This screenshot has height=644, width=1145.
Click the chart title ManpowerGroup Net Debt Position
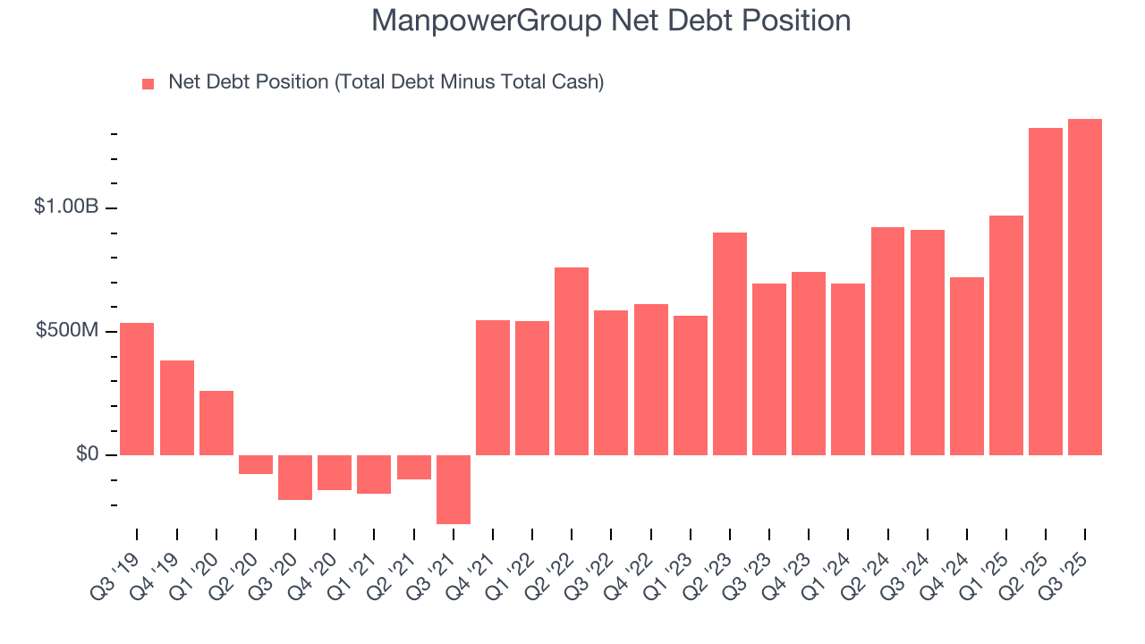point(611,21)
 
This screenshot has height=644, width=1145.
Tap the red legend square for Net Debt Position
point(148,83)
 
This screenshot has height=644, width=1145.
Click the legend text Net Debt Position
point(386,82)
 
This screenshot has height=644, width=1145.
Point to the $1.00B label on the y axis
point(65,207)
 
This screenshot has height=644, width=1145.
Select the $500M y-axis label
point(67,331)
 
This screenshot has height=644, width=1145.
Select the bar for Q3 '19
point(137,389)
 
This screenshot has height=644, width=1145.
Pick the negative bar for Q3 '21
point(454,489)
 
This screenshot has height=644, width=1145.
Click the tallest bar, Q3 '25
point(1084,287)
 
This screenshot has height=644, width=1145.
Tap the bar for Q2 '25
point(1045,292)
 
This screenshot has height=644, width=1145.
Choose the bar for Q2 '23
point(729,343)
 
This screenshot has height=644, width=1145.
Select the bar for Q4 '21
point(493,387)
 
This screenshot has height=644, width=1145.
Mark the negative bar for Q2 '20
point(256,464)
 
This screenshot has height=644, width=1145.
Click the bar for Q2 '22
point(572,361)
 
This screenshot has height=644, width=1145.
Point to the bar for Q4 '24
point(966,366)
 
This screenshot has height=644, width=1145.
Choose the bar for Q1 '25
point(1005,335)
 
